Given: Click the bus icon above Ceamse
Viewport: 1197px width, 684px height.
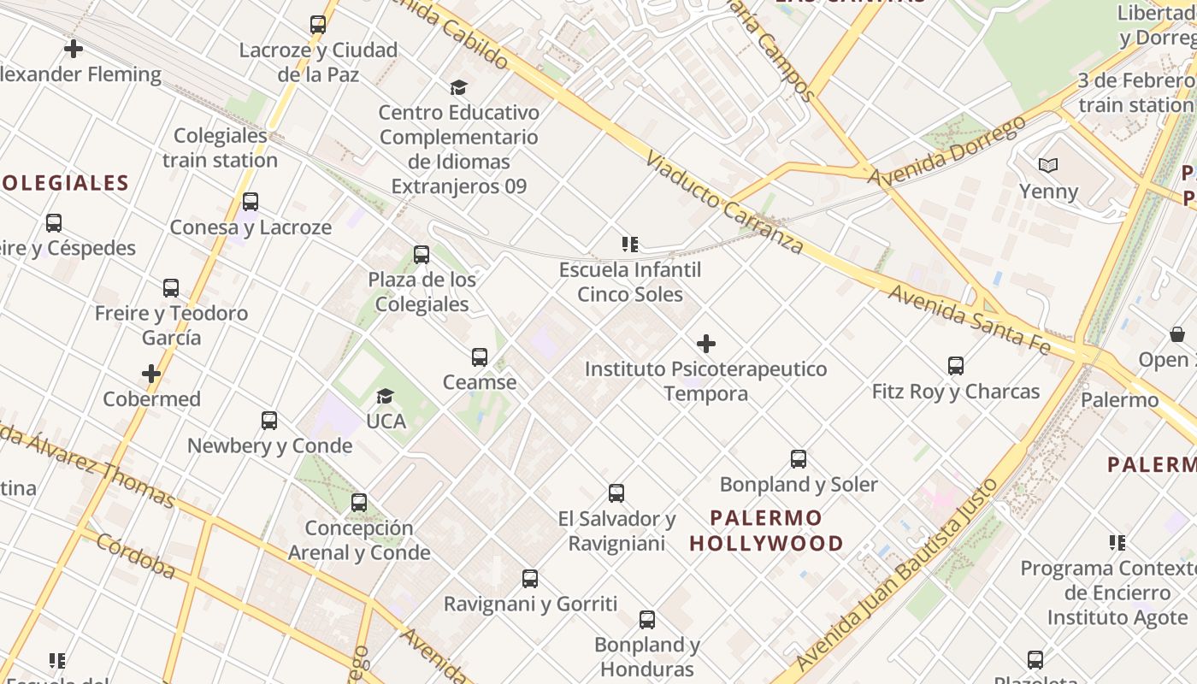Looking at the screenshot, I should tap(480, 357).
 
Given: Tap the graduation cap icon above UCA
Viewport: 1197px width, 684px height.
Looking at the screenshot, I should tap(386, 396).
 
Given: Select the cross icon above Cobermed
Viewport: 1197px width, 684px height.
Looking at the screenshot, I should tap(151, 374).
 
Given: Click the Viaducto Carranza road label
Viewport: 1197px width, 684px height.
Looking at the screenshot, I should tap(723, 203).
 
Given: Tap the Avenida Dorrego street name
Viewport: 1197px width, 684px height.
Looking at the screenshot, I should tap(946, 151).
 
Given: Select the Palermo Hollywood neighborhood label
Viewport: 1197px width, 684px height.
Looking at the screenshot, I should tap(766, 530).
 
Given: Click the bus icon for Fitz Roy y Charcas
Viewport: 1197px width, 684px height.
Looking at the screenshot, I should tap(956, 366).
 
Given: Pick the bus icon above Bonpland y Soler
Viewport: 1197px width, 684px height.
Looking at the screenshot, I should tap(799, 459).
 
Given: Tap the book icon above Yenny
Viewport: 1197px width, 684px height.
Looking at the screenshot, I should tap(1048, 165).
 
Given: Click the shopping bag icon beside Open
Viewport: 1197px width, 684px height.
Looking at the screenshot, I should tap(1177, 334).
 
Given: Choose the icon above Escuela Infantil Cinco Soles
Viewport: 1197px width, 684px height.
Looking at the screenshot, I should tap(630, 245).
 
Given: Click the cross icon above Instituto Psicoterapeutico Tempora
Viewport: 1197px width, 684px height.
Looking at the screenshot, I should tap(706, 344).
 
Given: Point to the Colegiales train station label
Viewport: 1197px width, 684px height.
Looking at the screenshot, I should tap(220, 148).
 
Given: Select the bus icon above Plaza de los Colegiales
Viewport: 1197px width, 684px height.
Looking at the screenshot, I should tap(422, 254).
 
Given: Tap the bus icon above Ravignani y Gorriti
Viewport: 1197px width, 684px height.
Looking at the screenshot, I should tap(530, 579).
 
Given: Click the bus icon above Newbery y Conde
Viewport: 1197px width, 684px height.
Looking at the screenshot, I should tap(269, 421).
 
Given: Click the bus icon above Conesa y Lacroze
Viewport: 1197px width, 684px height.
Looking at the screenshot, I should tap(251, 202).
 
